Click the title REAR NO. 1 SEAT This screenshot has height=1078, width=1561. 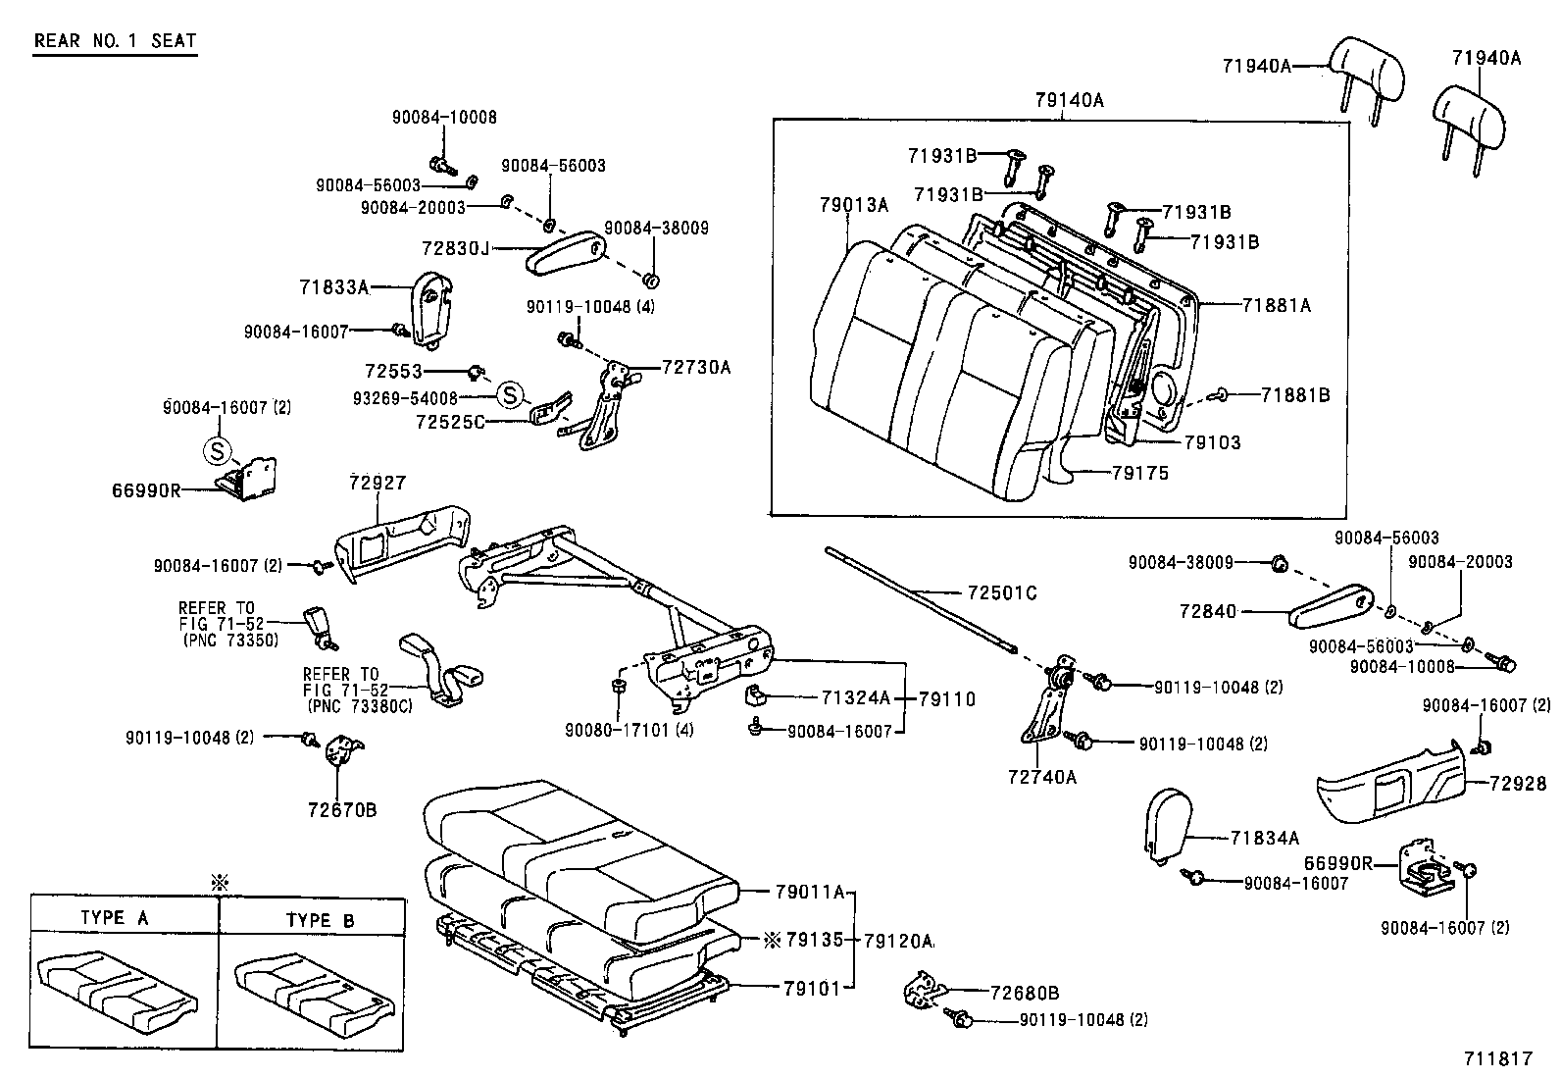point(116,41)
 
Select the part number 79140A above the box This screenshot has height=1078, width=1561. point(1068,100)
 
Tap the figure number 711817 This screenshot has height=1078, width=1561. point(1497,1058)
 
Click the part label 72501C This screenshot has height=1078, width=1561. point(1001,592)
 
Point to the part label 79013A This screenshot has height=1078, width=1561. point(853,204)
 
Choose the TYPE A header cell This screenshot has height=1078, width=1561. point(114,919)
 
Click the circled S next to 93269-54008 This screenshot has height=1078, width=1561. point(509,396)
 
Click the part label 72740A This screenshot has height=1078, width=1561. point(1041,777)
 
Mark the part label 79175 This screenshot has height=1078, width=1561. point(1139,473)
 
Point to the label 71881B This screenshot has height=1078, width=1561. point(1294,394)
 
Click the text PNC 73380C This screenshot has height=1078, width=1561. point(357,705)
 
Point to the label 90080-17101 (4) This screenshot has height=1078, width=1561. point(617,729)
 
